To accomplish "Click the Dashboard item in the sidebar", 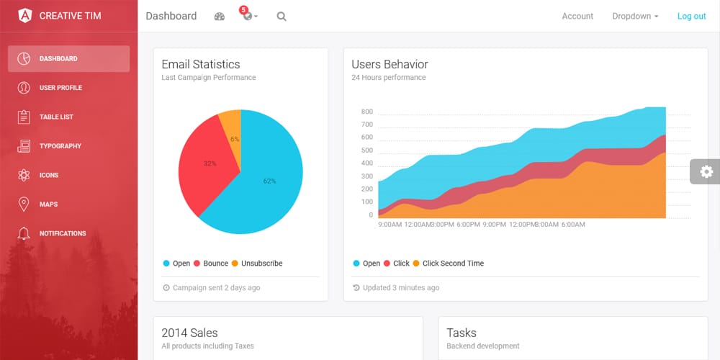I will pos(68,59).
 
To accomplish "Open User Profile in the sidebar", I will pos(60,88).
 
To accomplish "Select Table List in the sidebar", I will pos(56,117).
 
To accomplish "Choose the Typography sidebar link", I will pos(60,146).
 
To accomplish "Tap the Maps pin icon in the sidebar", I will pos(24,204).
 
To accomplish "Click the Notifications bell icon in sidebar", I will pos(24,233).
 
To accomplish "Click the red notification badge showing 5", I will pos(243,10).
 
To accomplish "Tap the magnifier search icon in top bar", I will pos(282,17).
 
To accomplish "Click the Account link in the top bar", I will pos(577,16).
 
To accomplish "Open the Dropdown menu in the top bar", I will pos(635,16).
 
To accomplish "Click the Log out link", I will pos(691,16).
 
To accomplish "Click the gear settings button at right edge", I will pos(706,171).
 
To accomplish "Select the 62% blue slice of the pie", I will pos(270,181).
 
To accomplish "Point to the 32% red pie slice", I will pos(210,163).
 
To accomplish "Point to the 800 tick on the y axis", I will pos(366,112).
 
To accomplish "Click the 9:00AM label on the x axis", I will pos(390,225).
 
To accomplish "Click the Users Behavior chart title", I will pos(390,64).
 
